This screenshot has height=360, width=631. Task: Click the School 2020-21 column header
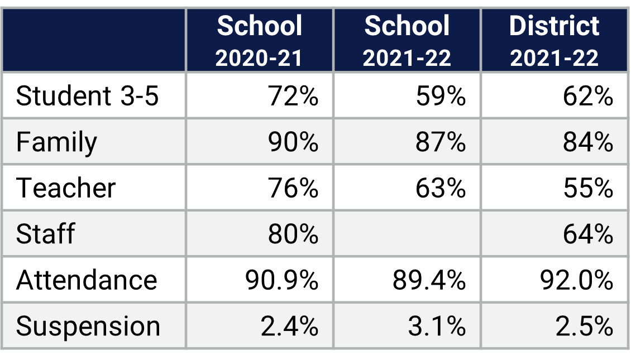coord(259,41)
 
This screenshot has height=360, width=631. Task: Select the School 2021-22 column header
coord(407,41)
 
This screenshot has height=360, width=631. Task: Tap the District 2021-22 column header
coord(554,41)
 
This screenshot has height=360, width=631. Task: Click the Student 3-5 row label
coord(88,96)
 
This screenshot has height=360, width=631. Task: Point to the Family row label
coord(56,142)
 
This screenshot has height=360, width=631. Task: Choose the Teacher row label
coord(66,188)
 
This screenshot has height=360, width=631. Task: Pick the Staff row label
coord(45,234)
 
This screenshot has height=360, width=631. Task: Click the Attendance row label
coord(87,280)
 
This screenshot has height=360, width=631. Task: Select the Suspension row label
coord(88,326)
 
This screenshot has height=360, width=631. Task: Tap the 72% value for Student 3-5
coord(293,96)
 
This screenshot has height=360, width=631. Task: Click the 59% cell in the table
coord(441,96)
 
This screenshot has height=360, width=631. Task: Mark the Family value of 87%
coord(441,142)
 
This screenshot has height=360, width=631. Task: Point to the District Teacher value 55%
coord(588,188)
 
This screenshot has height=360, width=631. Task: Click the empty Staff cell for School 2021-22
coord(407,234)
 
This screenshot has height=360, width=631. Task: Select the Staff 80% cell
coord(293,234)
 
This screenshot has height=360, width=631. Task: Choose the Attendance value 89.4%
coord(429,280)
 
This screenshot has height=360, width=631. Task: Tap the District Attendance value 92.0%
coord(576,280)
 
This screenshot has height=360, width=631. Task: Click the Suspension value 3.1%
coord(436,326)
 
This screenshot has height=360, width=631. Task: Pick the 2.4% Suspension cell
coord(289,326)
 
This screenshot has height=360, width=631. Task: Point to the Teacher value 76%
coord(293,188)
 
